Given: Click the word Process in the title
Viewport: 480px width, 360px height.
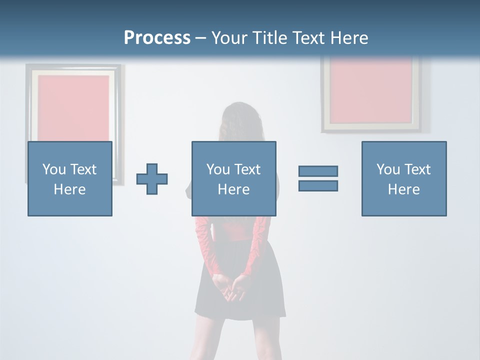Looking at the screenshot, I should pyautogui.click(x=157, y=37).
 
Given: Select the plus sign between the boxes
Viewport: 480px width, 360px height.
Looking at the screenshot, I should pyautogui.click(x=152, y=179).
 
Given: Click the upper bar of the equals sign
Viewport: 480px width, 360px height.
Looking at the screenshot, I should pyautogui.click(x=318, y=171).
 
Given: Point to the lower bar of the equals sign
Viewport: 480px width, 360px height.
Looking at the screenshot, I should pyautogui.click(x=318, y=185).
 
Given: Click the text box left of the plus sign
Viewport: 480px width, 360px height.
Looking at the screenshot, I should pyautogui.click(x=70, y=178).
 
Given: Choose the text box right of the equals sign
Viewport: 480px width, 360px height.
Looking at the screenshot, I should pyautogui.click(x=403, y=178).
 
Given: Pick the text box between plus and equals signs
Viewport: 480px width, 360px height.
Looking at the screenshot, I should pyautogui.click(x=233, y=178).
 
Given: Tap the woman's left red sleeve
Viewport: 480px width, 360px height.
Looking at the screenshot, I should pyautogui.click(x=205, y=245).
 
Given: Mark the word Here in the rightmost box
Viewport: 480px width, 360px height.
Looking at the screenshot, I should pyautogui.click(x=403, y=189).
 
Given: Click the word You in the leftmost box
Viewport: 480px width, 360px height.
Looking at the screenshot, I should pyautogui.click(x=54, y=169).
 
